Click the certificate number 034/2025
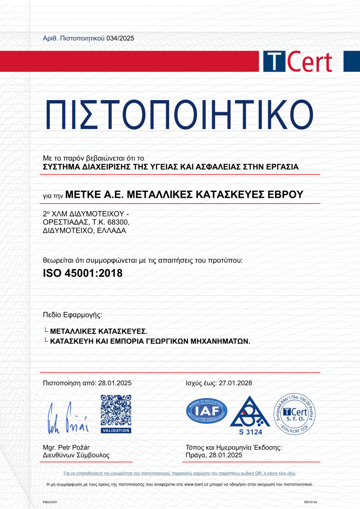[x=120, y=38]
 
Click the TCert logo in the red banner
[x=297, y=62]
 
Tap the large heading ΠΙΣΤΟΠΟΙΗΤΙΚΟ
[x=180, y=115]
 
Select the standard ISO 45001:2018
[x=83, y=273]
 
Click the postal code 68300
[x=118, y=222]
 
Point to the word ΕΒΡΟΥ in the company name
[x=285, y=194]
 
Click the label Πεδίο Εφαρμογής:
[x=73, y=315]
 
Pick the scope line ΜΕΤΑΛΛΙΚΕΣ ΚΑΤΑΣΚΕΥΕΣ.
[x=99, y=331]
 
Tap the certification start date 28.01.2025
[x=115, y=383]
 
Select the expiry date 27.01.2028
[x=235, y=383]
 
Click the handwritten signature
[x=68, y=418]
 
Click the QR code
[x=116, y=410]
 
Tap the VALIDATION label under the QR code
[x=116, y=430]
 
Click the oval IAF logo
[x=207, y=411]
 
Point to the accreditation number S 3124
[x=251, y=432]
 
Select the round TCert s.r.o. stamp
[x=295, y=414]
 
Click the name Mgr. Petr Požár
[x=66, y=448]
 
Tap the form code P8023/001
[x=50, y=502]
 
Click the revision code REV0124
[x=310, y=502]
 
